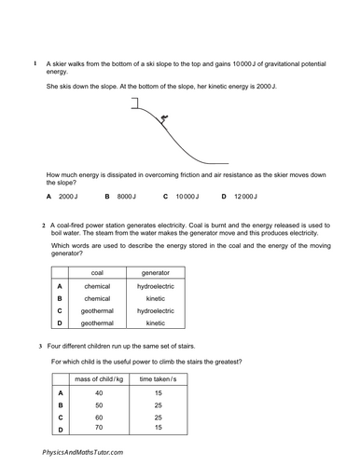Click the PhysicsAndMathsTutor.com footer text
coord(81,451)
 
